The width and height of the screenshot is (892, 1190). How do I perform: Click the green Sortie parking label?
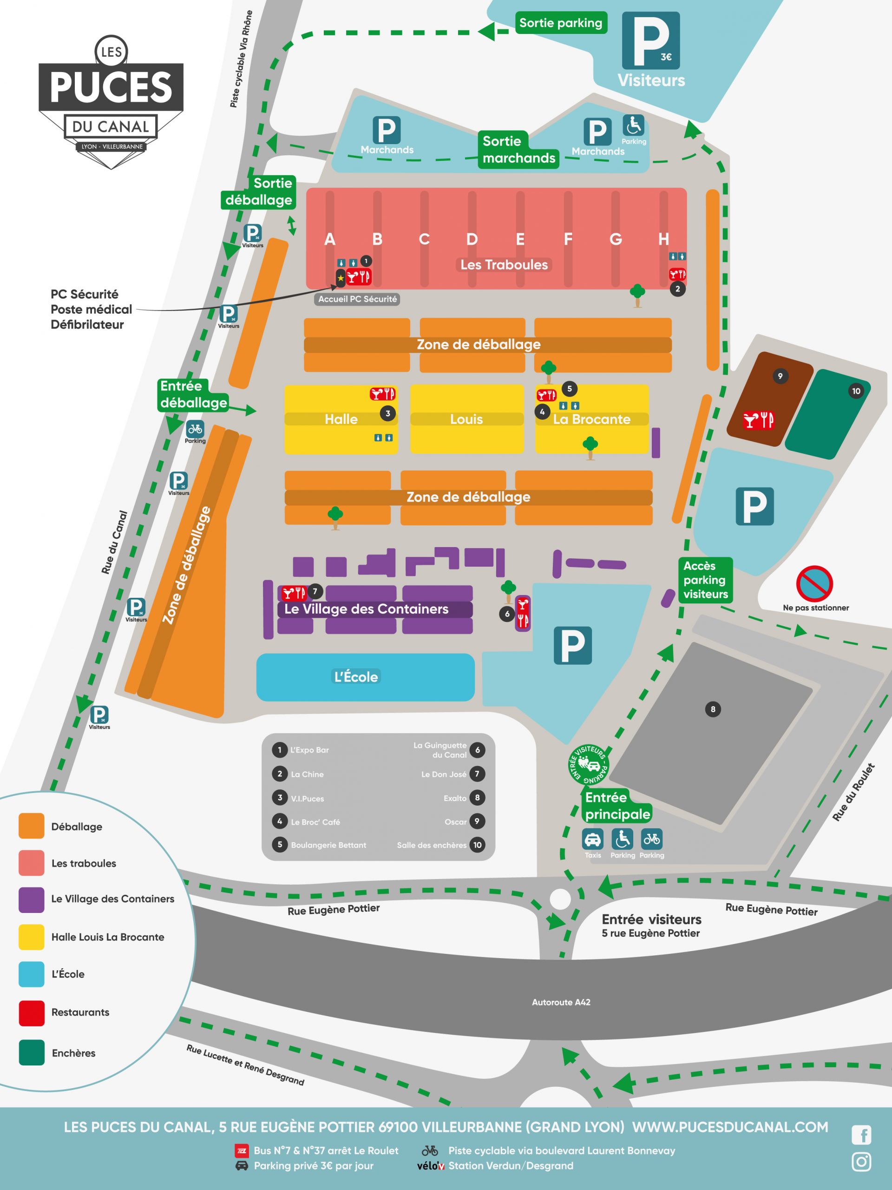click(x=561, y=23)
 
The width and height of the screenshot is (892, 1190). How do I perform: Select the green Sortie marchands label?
click(x=519, y=150)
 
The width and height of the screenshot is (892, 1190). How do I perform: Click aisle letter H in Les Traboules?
click(x=663, y=239)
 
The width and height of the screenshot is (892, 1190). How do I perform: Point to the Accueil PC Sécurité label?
click(x=358, y=299)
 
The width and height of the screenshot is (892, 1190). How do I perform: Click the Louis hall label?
click(x=466, y=419)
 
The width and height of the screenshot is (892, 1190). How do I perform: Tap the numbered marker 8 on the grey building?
click(x=713, y=709)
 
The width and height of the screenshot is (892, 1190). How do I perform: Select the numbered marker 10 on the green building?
click(x=856, y=391)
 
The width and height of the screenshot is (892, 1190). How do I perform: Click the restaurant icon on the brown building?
click(x=758, y=420)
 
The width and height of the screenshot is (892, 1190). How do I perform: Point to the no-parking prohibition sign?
click(x=814, y=584)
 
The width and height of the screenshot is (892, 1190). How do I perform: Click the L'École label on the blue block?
click(x=356, y=677)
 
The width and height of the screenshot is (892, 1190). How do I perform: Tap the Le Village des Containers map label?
click(x=366, y=609)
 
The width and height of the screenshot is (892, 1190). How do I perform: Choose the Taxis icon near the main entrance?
click(x=592, y=839)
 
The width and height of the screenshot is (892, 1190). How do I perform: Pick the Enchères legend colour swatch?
click(x=31, y=1053)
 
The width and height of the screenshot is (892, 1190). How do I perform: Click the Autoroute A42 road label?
click(x=561, y=1002)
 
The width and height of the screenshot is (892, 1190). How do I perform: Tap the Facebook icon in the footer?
click(x=861, y=1135)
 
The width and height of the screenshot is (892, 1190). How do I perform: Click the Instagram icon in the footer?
click(x=861, y=1162)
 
